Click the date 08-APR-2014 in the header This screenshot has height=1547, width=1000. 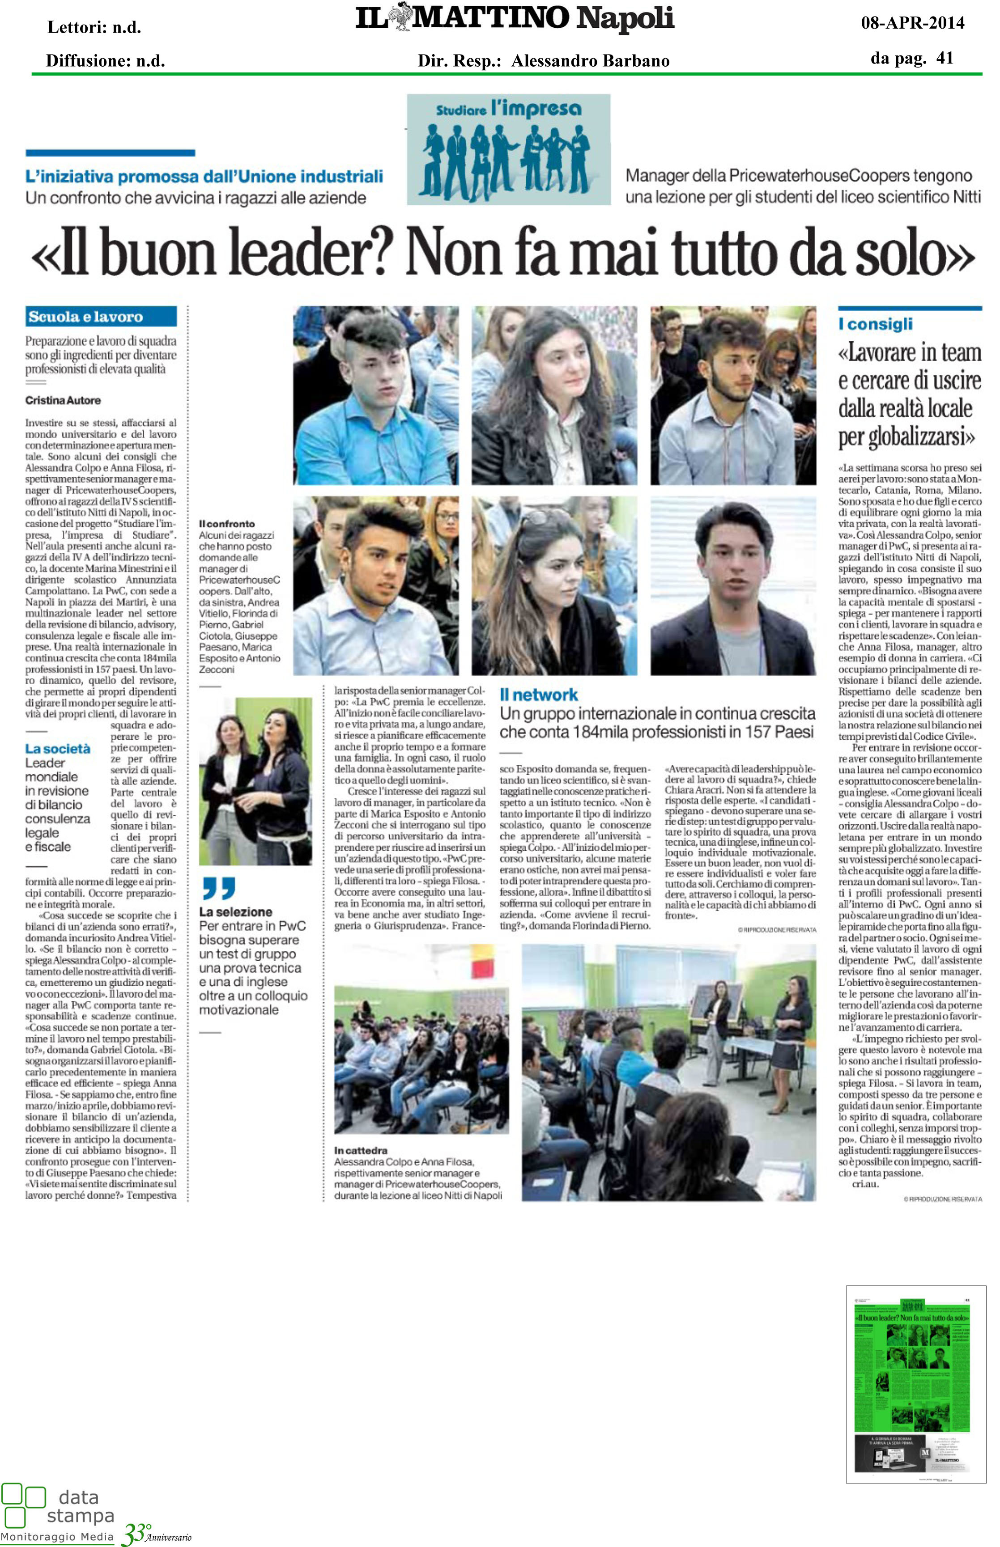pyautogui.click(x=912, y=23)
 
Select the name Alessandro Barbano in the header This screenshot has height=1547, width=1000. pyautogui.click(x=590, y=61)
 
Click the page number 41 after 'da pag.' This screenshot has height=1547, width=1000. pyautogui.click(x=945, y=59)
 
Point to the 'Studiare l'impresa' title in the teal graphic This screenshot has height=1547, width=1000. pyautogui.click(x=508, y=109)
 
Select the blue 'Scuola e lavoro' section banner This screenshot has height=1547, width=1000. pyautogui.click(x=101, y=317)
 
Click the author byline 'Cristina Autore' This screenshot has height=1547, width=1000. pyautogui.click(x=63, y=400)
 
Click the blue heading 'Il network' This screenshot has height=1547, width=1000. pyautogui.click(x=538, y=695)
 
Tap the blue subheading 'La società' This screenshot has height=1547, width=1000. pyautogui.click(x=58, y=748)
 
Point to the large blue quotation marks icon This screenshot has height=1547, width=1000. pyautogui.click(x=219, y=888)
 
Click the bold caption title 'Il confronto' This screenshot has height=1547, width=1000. pyautogui.click(x=227, y=524)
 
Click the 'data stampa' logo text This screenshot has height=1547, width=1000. pyautogui.click(x=79, y=1506)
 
